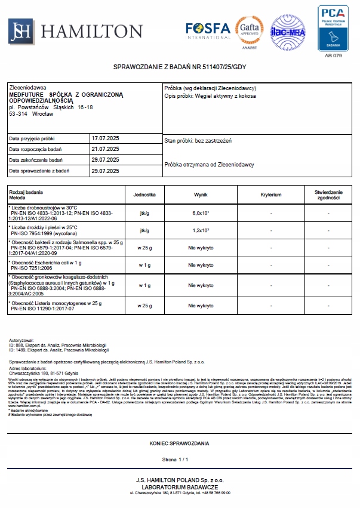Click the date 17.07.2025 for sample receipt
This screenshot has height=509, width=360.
(105, 138)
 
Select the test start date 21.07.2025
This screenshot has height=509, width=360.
(105, 149)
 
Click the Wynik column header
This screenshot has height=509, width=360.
(201, 195)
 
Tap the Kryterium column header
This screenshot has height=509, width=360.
(271, 195)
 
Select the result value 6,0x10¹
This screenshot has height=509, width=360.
(201, 213)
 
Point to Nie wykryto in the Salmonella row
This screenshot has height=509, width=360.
(201, 247)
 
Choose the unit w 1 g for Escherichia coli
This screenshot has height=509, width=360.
(144, 265)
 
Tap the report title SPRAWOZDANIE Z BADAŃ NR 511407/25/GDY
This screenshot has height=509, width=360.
(180, 67)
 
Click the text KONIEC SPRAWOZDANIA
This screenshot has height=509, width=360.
(179, 444)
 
